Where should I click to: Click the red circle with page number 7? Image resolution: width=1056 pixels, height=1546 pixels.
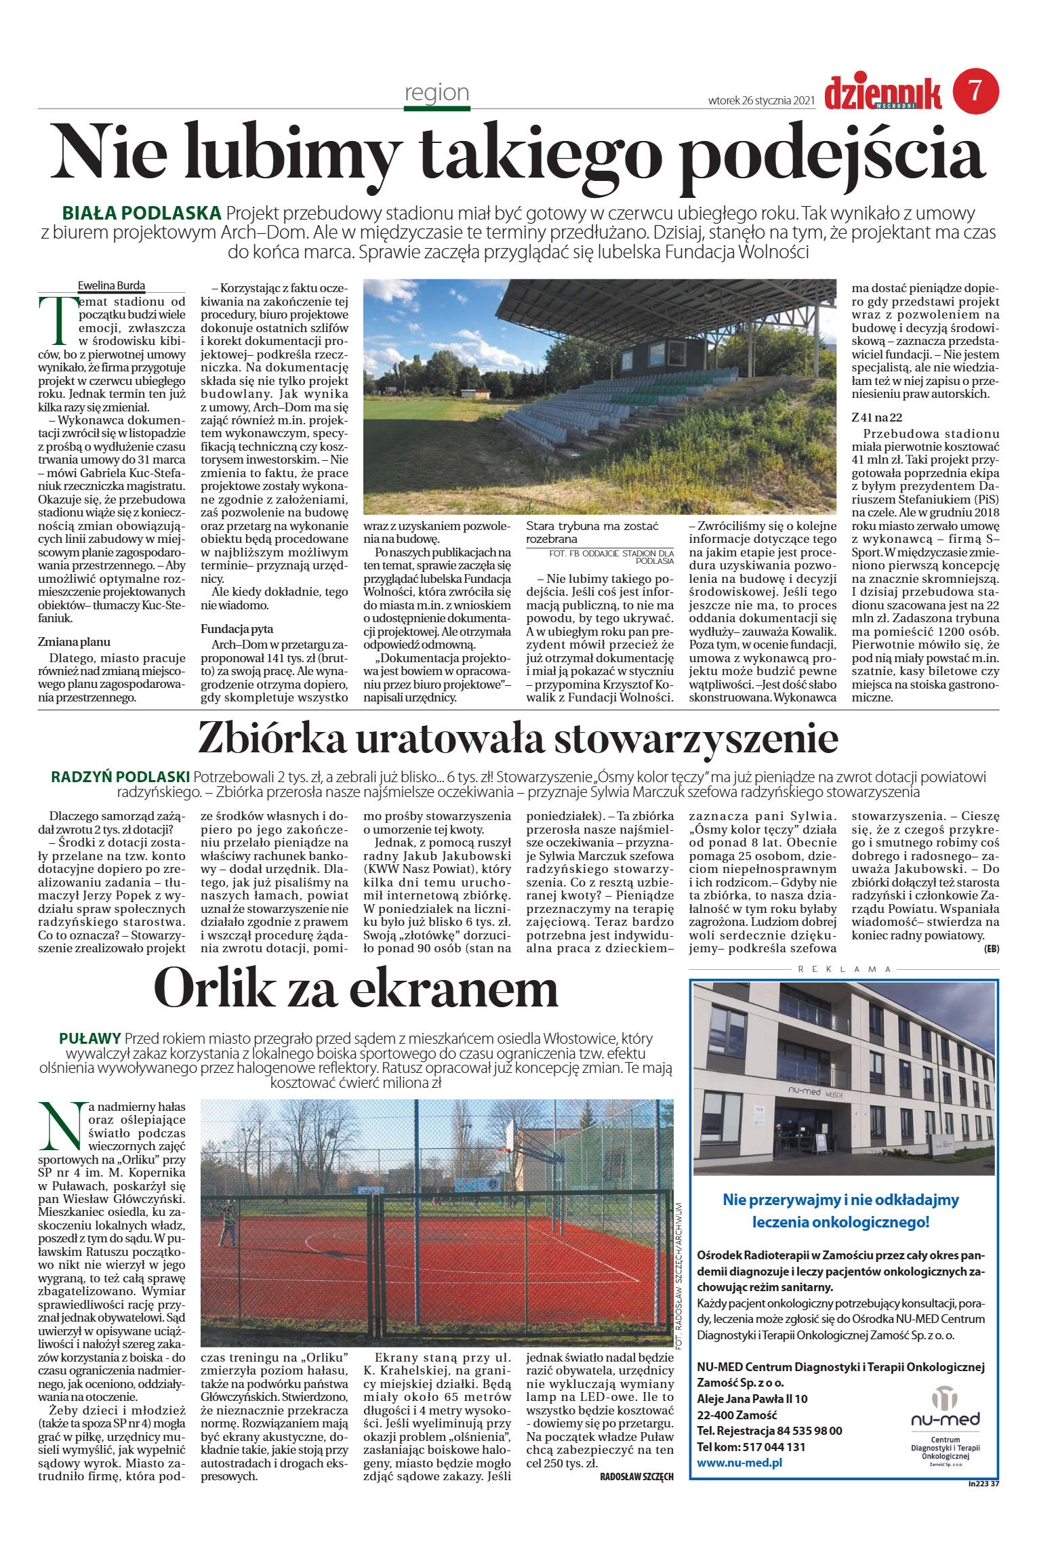(x=975, y=91)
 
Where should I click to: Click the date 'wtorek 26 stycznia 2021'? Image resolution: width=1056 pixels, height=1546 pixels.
(x=760, y=100)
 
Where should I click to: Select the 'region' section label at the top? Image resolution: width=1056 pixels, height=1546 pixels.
(x=436, y=92)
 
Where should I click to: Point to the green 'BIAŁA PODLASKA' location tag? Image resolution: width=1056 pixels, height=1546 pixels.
(x=142, y=213)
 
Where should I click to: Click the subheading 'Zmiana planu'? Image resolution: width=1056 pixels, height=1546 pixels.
(x=74, y=642)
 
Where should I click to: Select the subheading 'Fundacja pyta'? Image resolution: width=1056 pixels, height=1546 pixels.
(x=237, y=629)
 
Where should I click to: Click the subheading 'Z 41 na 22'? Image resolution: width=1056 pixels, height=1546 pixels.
(x=876, y=418)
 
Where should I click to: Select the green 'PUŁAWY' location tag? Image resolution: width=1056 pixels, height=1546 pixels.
(x=90, y=1038)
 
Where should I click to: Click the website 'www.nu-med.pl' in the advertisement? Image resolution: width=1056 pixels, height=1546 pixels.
(x=739, y=1462)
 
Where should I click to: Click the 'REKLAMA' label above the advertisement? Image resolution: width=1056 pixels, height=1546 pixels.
(x=845, y=969)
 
